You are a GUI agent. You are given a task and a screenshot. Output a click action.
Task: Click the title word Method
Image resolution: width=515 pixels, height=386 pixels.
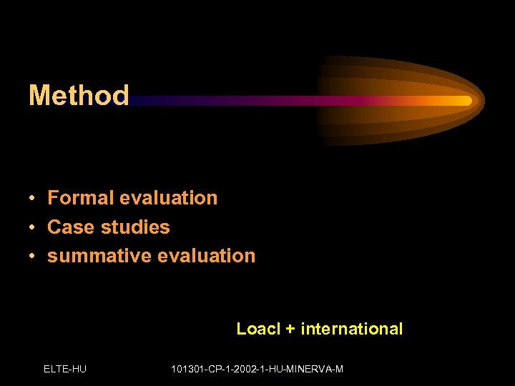click(79, 95)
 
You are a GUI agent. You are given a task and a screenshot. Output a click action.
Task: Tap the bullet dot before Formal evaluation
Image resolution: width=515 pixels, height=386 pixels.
click(33, 199)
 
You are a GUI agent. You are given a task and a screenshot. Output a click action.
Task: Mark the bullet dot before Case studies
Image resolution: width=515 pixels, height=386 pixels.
click(33, 228)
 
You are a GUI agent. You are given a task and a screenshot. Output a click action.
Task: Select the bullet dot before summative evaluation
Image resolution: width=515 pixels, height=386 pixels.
click(33, 257)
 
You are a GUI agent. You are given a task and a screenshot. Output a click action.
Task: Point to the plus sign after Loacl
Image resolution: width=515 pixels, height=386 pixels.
click(290, 330)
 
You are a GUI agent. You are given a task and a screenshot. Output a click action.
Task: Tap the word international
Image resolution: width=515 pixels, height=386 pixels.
click(351, 329)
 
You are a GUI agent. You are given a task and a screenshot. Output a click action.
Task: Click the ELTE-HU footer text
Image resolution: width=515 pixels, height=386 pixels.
click(65, 369)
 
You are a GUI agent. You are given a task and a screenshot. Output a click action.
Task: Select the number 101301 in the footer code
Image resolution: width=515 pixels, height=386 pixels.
click(188, 369)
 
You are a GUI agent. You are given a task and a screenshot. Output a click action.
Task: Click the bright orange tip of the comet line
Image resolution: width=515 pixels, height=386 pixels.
click(466, 101)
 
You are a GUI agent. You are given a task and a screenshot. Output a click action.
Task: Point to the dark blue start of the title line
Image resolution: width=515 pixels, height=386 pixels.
click(139, 101)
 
